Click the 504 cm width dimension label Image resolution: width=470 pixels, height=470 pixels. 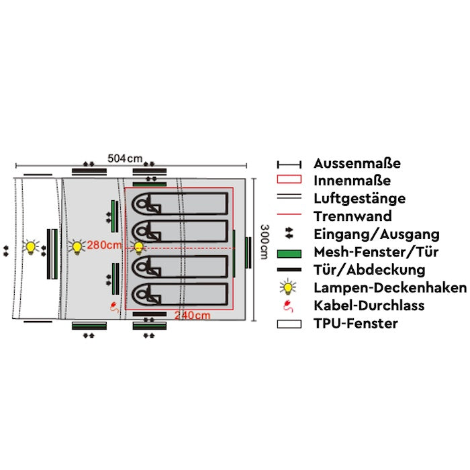coord(126,158)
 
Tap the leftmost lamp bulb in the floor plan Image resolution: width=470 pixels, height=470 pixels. coord(30,247)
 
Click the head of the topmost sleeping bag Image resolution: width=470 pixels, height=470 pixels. coord(143,203)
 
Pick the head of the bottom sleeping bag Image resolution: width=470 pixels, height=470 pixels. coord(143,293)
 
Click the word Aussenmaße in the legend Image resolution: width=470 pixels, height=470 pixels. coord(357,163)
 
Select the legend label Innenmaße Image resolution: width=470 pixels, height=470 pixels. coord(352,181)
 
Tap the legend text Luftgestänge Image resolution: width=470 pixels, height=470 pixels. coord(359,199)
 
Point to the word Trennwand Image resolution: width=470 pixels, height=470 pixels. coord(352,216)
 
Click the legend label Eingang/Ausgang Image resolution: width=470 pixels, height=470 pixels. coord(376,234)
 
